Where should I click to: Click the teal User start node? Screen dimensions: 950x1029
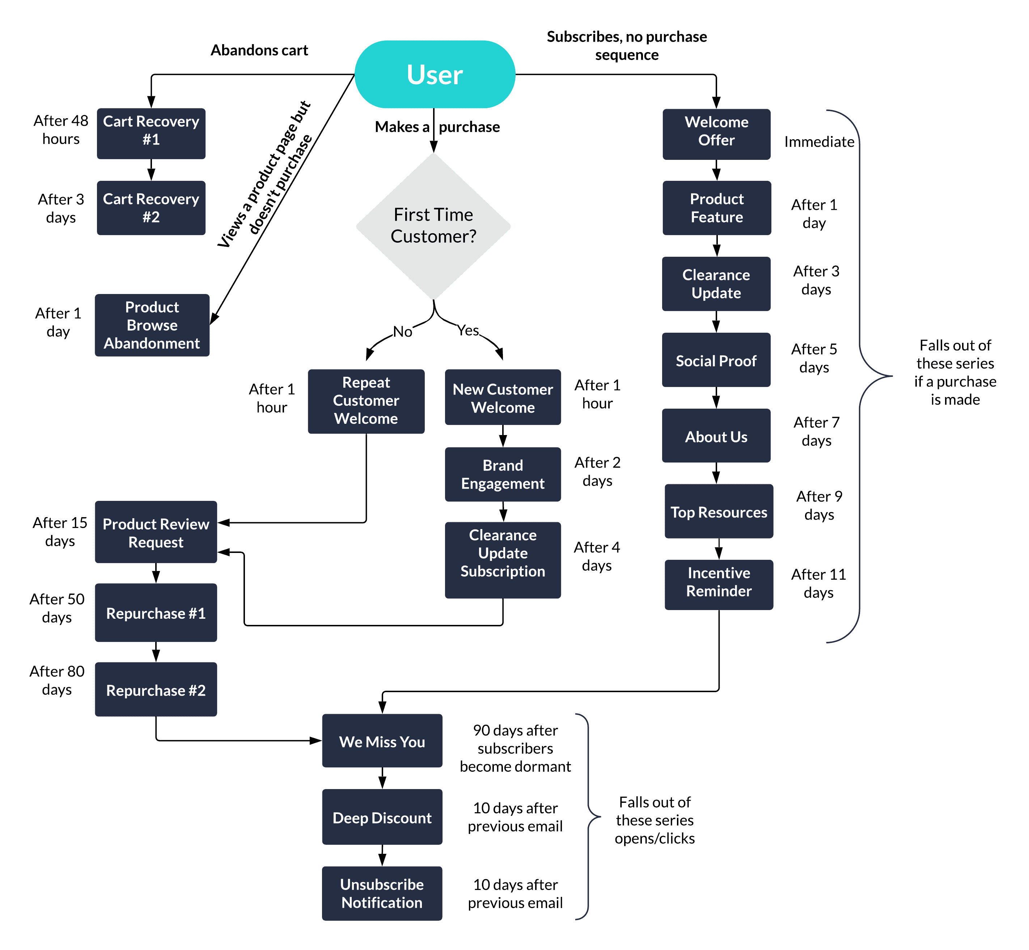click(x=435, y=74)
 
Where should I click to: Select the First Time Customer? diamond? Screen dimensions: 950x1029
click(x=433, y=226)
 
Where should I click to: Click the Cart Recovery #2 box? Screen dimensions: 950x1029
click(x=151, y=208)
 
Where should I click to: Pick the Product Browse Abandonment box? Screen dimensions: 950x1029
click(x=152, y=325)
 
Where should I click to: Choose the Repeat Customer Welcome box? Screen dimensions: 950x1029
click(x=366, y=401)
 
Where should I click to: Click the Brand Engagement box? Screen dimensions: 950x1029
click(x=503, y=474)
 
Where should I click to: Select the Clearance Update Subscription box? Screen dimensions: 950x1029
click(x=503, y=559)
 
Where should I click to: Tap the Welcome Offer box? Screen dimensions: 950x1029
click(x=716, y=134)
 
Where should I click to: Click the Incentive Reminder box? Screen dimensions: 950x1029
click(x=719, y=584)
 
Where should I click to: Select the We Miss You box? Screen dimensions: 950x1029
click(x=382, y=741)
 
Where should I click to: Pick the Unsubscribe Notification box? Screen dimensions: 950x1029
click(x=382, y=893)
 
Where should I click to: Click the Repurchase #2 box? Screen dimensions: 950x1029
click(x=156, y=689)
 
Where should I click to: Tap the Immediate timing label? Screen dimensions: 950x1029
click(x=819, y=142)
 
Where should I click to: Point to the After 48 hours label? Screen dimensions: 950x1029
click(x=61, y=129)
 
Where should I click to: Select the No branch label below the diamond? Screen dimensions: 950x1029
click(x=403, y=332)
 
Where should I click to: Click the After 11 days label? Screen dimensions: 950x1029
click(x=818, y=583)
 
